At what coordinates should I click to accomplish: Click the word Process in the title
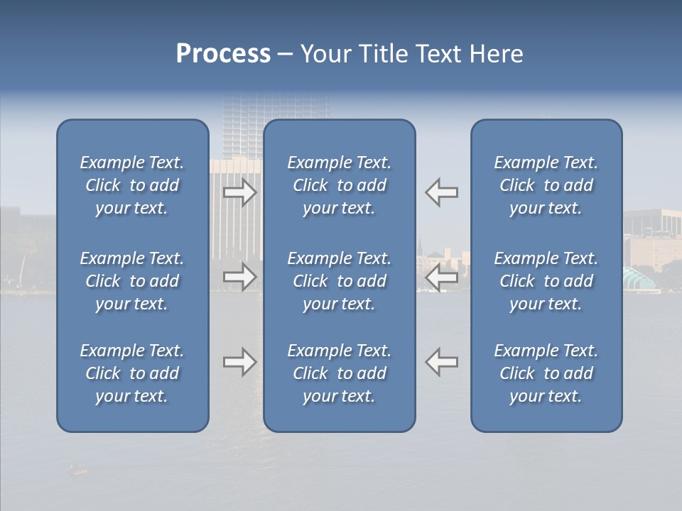click(x=223, y=54)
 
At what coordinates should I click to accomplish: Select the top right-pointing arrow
click(x=240, y=192)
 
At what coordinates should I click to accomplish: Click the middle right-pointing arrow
click(x=240, y=276)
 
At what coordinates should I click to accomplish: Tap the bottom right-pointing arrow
click(x=240, y=362)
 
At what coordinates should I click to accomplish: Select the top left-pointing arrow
click(x=441, y=192)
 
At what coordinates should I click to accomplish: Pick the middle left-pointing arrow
click(x=441, y=276)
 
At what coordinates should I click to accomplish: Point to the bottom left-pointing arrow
click(x=441, y=362)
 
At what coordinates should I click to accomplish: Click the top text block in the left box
click(x=132, y=185)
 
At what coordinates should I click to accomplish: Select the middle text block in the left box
click(x=132, y=281)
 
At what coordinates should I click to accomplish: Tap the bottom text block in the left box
click(x=132, y=373)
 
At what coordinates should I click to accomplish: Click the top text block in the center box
click(x=339, y=185)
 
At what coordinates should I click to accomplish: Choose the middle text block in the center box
click(x=339, y=281)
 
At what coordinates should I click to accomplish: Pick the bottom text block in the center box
click(x=339, y=373)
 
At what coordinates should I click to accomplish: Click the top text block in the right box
click(x=546, y=185)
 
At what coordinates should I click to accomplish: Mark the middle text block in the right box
click(x=546, y=281)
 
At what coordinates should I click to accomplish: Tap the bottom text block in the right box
click(x=546, y=373)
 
